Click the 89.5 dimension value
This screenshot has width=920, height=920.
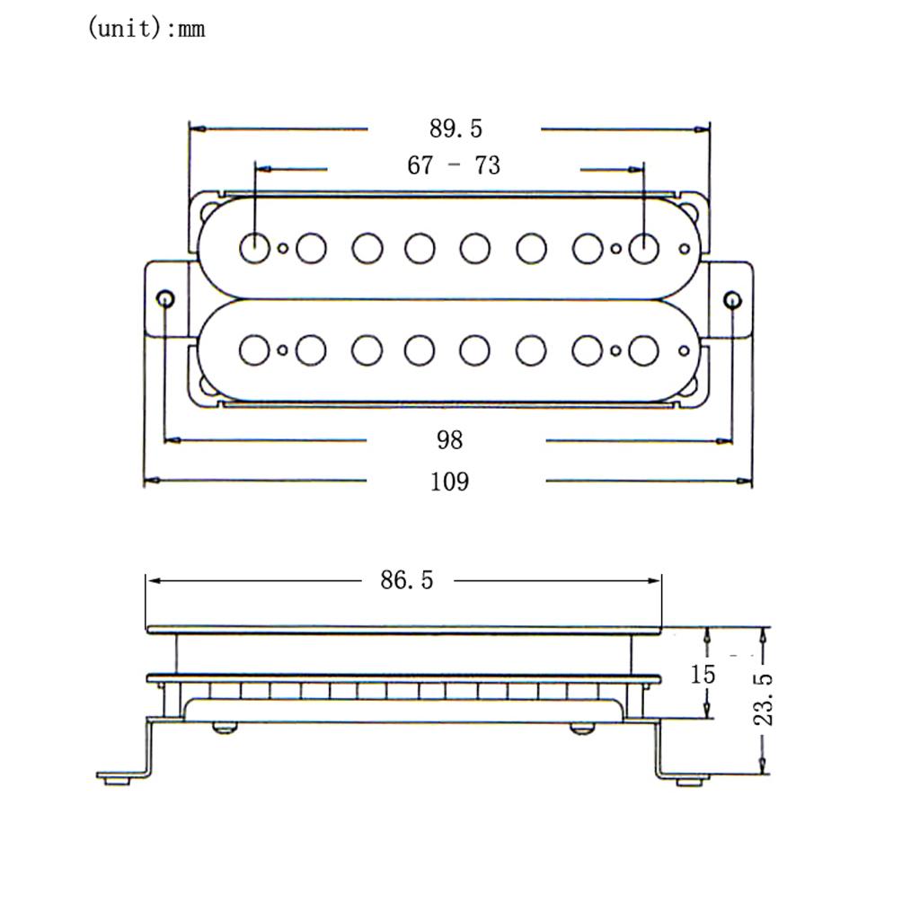(x=456, y=129)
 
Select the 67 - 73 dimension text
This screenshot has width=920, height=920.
(x=454, y=166)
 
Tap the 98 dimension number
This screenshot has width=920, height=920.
(x=450, y=440)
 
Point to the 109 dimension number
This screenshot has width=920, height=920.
(x=449, y=482)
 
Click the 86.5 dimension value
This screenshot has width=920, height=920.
(x=406, y=580)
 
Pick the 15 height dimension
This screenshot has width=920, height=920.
(x=703, y=674)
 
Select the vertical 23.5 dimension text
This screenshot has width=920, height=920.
(x=764, y=698)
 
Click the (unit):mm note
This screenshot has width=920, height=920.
(x=146, y=29)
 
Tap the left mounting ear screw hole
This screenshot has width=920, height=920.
(x=165, y=299)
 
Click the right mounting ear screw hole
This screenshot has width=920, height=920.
(x=732, y=299)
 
